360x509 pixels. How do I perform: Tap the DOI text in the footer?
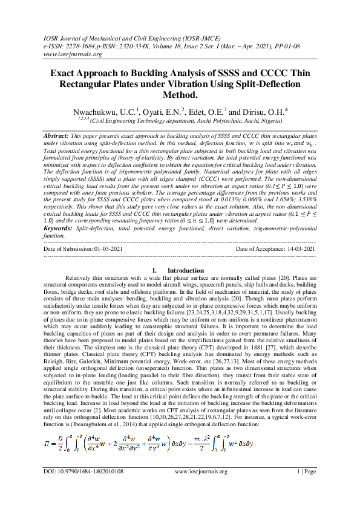pyautogui.click(x=83, y=487)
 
